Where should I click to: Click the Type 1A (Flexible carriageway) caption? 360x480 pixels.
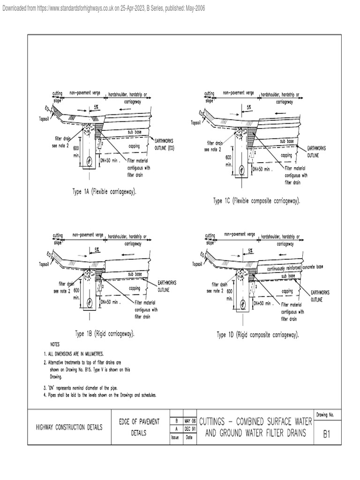(x=105, y=192)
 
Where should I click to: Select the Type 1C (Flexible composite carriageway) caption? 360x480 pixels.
(x=256, y=201)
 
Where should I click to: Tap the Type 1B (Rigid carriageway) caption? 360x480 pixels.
(x=105, y=334)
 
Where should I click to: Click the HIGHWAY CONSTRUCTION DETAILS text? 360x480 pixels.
(x=70, y=427)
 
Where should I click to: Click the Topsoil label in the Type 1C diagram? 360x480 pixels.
(x=195, y=123)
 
